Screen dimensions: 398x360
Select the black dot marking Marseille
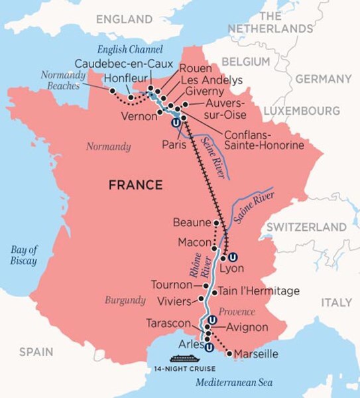coord(229,354)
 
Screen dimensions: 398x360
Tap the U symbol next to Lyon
coord(233,257)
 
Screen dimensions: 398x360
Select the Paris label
coord(173,143)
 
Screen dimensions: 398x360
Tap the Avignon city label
coord(247,327)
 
